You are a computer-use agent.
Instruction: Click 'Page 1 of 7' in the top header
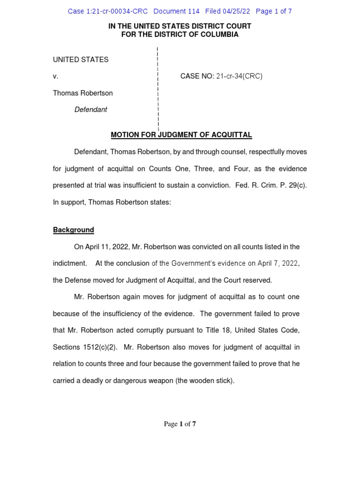(x=274, y=11)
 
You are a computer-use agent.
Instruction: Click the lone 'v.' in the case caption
(x=55, y=76)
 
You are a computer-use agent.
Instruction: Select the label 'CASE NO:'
(x=197, y=76)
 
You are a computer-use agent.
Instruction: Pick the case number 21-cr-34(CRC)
(x=239, y=76)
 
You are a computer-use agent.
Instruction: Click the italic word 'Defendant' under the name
(x=90, y=109)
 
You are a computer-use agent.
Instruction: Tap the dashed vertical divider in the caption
(x=158, y=89)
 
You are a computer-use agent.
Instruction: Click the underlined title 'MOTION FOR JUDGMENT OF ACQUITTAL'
(x=181, y=135)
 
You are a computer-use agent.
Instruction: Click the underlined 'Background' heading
(x=74, y=230)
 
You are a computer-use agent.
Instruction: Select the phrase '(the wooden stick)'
(x=205, y=381)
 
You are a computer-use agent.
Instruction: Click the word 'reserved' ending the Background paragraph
(x=257, y=280)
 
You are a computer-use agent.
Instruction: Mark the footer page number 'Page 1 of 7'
(x=180, y=424)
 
